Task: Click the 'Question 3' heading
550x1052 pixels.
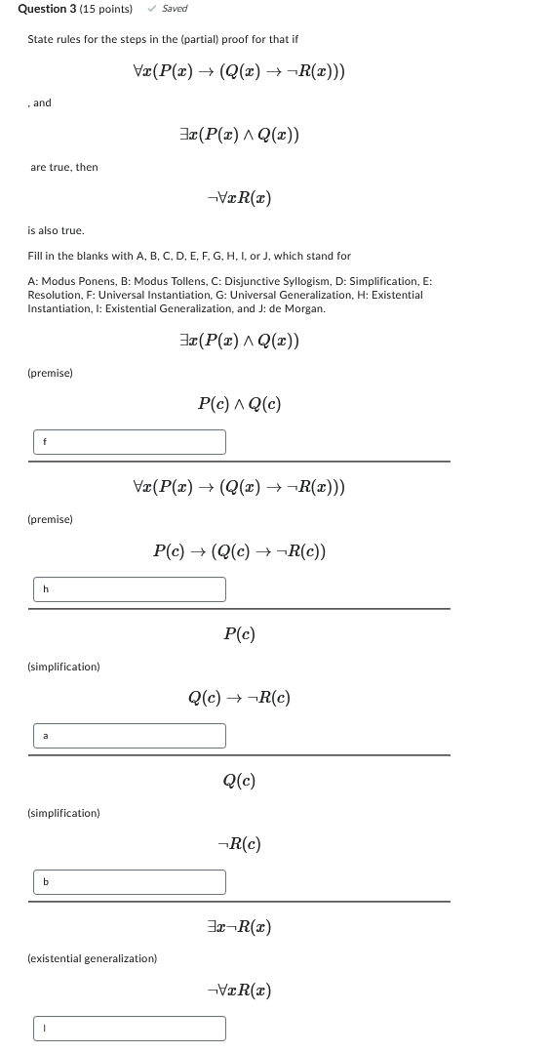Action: (48, 9)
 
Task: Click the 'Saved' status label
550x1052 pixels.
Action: (175, 9)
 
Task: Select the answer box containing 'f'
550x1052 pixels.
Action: (129, 442)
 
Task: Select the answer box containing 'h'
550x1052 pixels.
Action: (129, 589)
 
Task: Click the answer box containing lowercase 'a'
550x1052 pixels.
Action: (129, 736)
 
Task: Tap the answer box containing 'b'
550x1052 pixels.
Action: (129, 882)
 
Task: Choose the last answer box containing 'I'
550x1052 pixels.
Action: (129, 1029)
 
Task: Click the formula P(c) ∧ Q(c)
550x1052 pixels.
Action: (239, 404)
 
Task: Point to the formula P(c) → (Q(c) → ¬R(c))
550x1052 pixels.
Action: (239, 551)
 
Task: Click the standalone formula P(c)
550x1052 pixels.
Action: (239, 634)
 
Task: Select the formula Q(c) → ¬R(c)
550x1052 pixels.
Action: (239, 698)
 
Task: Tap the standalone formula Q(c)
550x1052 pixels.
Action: (239, 781)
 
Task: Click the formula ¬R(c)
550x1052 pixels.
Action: (239, 844)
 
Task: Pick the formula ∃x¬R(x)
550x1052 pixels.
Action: (239, 927)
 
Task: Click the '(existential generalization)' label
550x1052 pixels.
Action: (93, 959)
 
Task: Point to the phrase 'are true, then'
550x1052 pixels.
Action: (64, 168)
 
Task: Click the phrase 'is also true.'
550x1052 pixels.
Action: (56, 231)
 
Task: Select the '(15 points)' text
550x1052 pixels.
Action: (107, 9)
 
